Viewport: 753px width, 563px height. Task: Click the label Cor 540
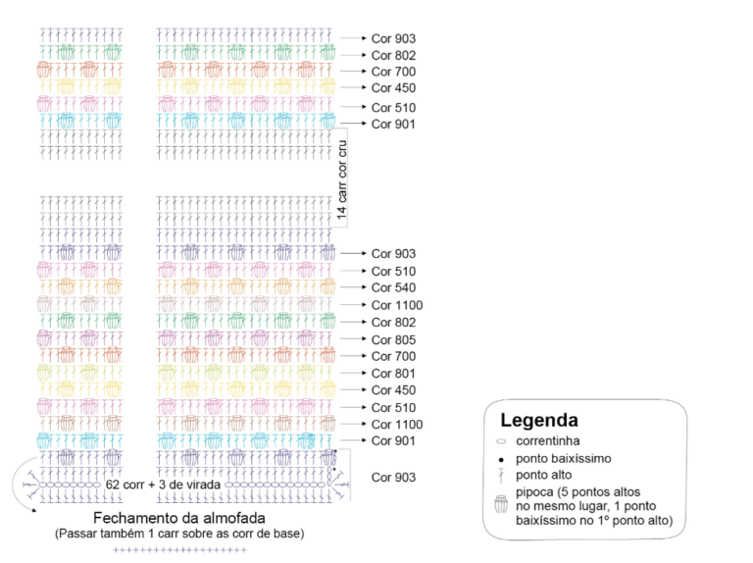coord(393,287)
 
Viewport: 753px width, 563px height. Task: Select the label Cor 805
coord(393,339)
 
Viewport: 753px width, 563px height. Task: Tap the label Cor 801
coord(393,374)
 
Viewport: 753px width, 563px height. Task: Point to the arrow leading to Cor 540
coord(353,287)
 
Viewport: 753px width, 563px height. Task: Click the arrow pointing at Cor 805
coord(353,338)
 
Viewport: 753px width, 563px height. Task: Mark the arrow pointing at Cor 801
coord(353,373)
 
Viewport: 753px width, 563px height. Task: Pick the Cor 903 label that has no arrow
coord(393,477)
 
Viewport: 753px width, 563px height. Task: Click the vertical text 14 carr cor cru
coord(341,179)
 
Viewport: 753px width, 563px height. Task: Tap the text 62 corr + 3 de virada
coord(163,485)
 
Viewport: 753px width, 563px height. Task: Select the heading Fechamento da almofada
coord(179,518)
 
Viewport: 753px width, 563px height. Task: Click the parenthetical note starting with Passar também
coord(179,534)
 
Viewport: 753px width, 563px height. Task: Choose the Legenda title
coord(539,421)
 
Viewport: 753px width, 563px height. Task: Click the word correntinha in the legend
coord(548,441)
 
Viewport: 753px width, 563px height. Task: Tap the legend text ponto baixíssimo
coord(564,459)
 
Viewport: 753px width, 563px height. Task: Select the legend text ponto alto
coord(543,475)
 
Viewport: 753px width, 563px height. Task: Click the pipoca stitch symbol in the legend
coord(501,504)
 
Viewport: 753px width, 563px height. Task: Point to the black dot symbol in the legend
coord(501,460)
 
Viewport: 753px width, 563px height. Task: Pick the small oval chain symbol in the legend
coord(501,441)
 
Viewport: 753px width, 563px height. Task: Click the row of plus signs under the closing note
coord(179,549)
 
